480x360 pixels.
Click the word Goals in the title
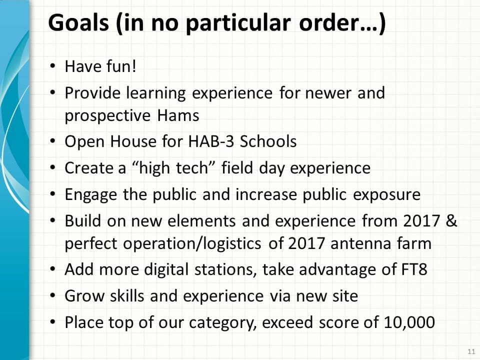78,23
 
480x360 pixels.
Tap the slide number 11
471,351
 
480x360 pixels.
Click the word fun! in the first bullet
121,66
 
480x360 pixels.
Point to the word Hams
178,115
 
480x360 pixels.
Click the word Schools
268,141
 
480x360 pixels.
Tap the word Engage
91,195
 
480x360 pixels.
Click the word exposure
387,195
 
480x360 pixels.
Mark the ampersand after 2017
451,220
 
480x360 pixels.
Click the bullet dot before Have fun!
53,66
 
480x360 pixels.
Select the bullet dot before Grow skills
53,295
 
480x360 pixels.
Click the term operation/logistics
192,244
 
